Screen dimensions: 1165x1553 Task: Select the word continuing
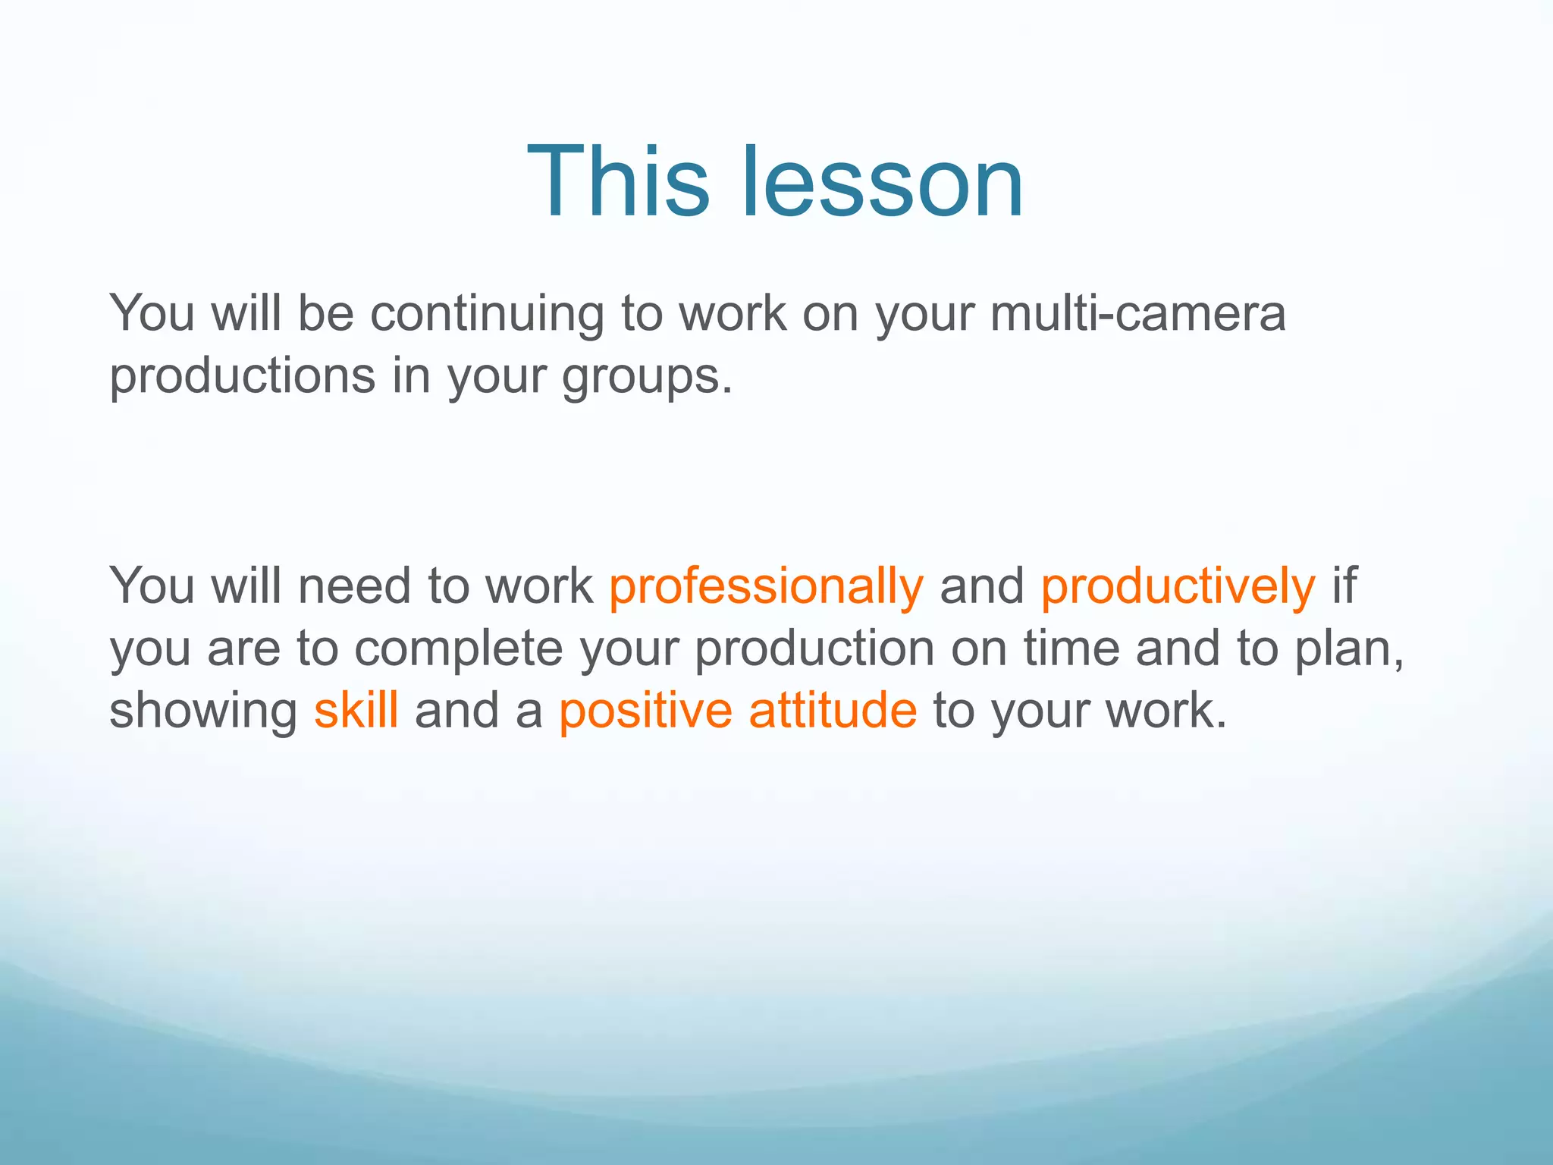[x=486, y=315]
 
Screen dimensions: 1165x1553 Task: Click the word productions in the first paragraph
[x=243, y=377]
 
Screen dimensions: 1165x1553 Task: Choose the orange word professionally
[x=767, y=587]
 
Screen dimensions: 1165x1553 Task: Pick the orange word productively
[x=1178, y=587]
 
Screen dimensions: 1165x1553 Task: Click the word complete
[x=459, y=650]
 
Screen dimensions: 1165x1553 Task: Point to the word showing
[x=203, y=711]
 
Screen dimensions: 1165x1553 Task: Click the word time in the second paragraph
[x=1071, y=648]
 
